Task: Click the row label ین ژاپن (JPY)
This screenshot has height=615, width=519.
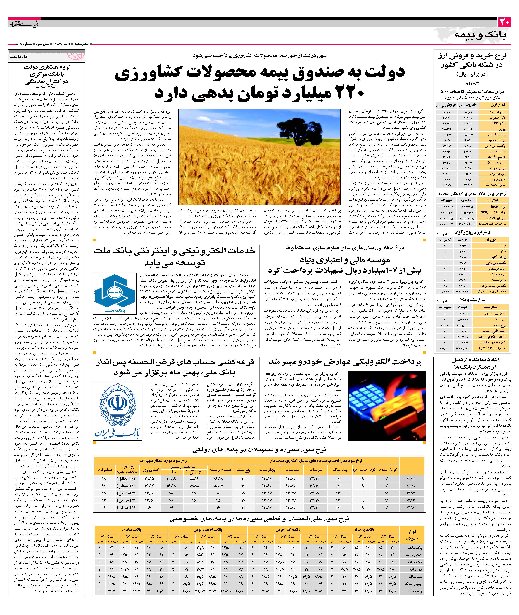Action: (496, 218)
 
